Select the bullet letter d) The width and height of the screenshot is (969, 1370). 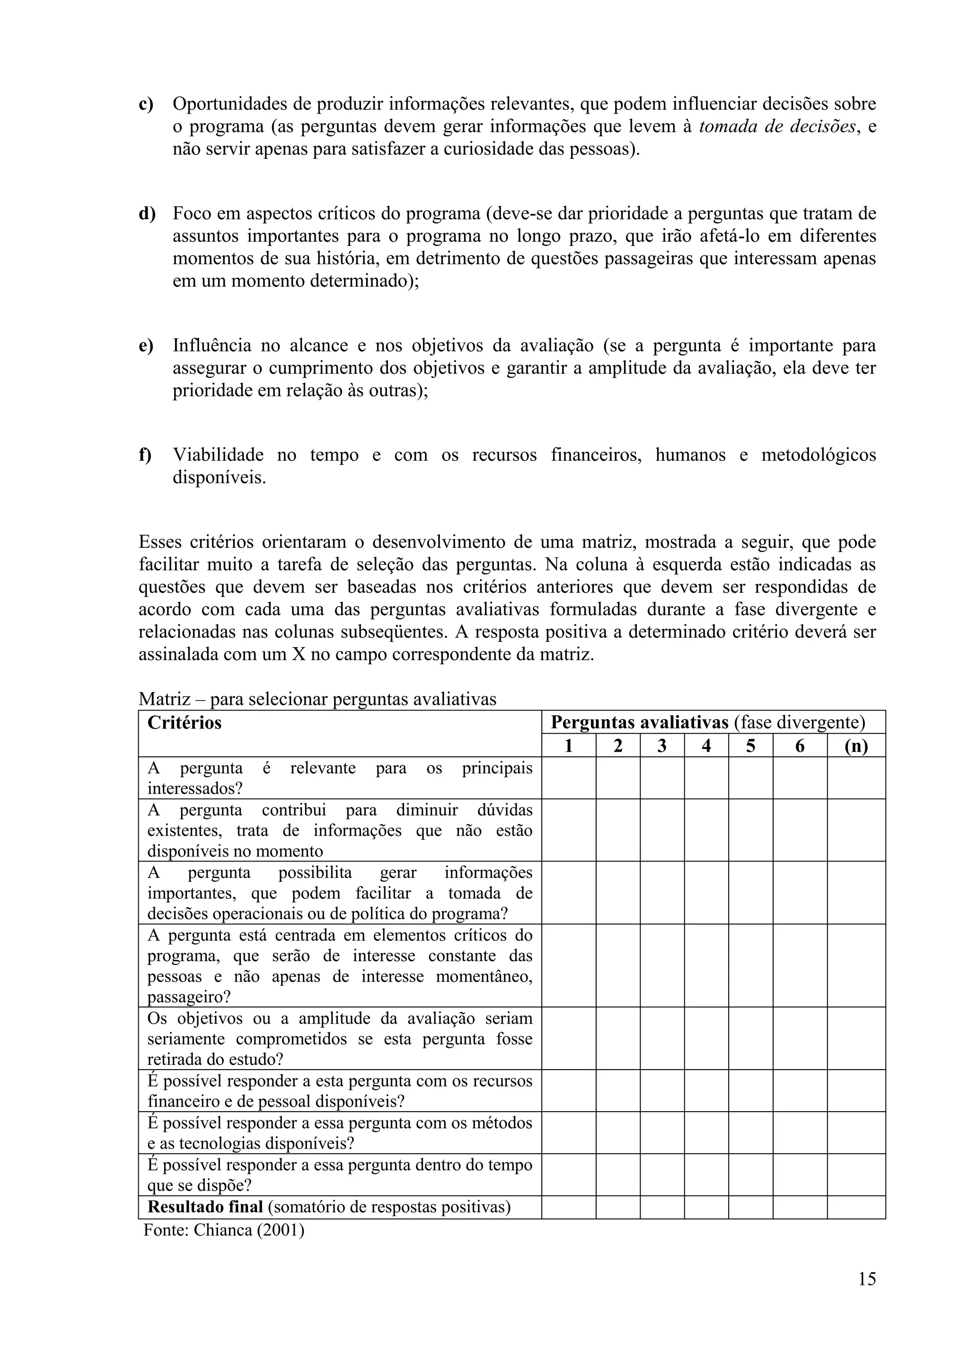click(147, 214)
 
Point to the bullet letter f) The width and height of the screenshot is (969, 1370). click(145, 455)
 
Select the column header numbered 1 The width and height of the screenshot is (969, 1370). click(568, 746)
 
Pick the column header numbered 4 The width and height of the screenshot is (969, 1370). click(706, 746)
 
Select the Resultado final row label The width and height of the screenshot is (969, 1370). click(205, 1206)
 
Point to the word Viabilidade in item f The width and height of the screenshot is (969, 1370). click(219, 455)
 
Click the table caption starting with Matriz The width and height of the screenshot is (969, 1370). click(317, 699)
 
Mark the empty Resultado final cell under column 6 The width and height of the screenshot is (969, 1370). click(800, 1206)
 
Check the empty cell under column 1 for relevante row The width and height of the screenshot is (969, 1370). click(568, 778)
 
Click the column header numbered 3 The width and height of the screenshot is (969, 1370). click(662, 746)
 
